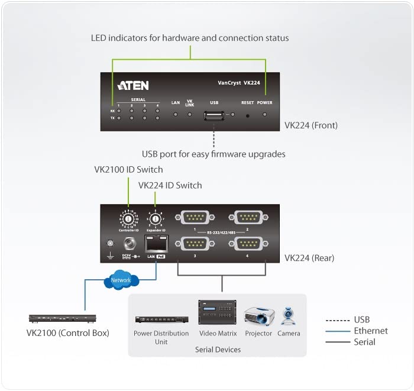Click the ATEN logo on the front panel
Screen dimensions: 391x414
point(133,85)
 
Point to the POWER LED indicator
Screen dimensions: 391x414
point(264,115)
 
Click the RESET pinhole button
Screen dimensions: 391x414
point(248,115)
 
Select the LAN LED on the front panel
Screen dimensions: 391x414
point(176,114)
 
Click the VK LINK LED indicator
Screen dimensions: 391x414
point(190,114)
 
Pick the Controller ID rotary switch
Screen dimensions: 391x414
point(127,220)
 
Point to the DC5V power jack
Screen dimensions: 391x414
point(128,244)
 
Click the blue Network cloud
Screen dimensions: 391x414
point(121,280)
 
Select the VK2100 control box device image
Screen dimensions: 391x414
point(63,319)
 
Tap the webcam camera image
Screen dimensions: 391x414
point(288,316)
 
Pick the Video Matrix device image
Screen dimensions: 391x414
point(217,313)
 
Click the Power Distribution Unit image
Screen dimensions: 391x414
point(161,321)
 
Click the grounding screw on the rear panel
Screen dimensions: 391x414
point(109,244)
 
